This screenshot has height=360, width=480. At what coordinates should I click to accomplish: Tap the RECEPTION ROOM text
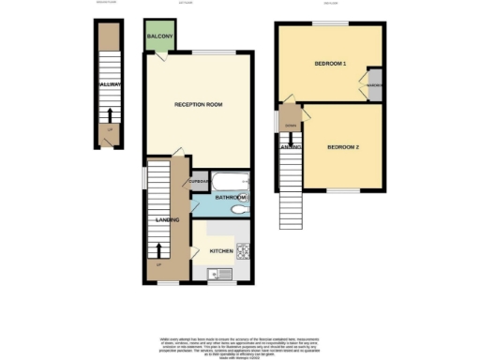197,104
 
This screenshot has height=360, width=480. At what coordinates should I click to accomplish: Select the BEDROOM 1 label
329,64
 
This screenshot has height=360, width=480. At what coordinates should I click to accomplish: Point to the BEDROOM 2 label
343,147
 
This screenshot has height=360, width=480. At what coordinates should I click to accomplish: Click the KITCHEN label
221,251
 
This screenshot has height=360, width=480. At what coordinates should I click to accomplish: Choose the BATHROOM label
229,199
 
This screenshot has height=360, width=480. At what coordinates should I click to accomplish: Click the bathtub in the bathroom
225,180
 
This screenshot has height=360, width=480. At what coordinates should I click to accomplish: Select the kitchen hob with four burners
242,251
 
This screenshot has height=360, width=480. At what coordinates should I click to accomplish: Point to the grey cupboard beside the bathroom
198,181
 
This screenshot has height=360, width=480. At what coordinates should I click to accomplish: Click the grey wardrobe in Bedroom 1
375,84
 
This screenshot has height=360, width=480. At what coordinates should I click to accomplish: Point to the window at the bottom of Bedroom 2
343,191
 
